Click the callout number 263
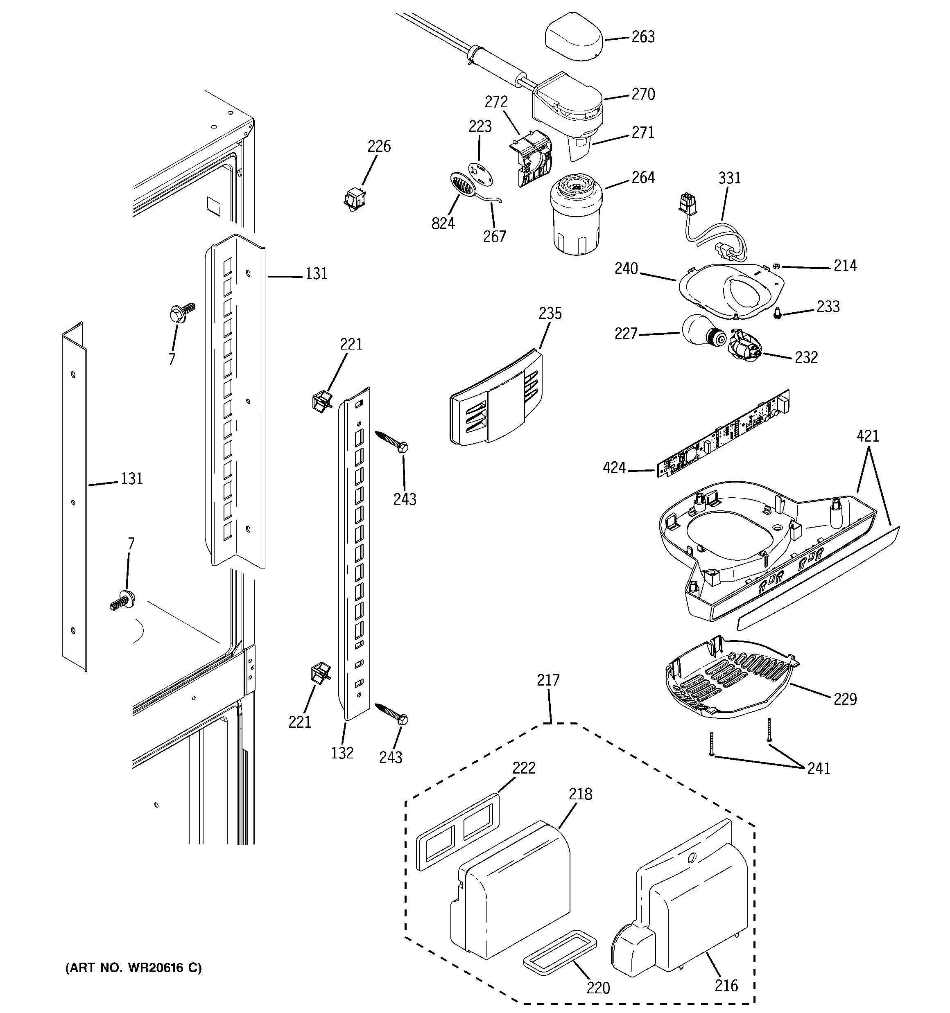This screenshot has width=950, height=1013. pos(643,37)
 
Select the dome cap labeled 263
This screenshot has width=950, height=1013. pos(573,40)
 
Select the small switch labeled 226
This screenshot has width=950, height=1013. pos(355,198)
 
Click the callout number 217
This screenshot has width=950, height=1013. pos(548,680)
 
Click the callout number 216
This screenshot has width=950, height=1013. pos(726,986)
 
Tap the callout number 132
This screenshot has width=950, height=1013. pos(342,753)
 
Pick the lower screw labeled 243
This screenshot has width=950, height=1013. pos(391,713)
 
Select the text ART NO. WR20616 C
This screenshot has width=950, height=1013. pos(133,968)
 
